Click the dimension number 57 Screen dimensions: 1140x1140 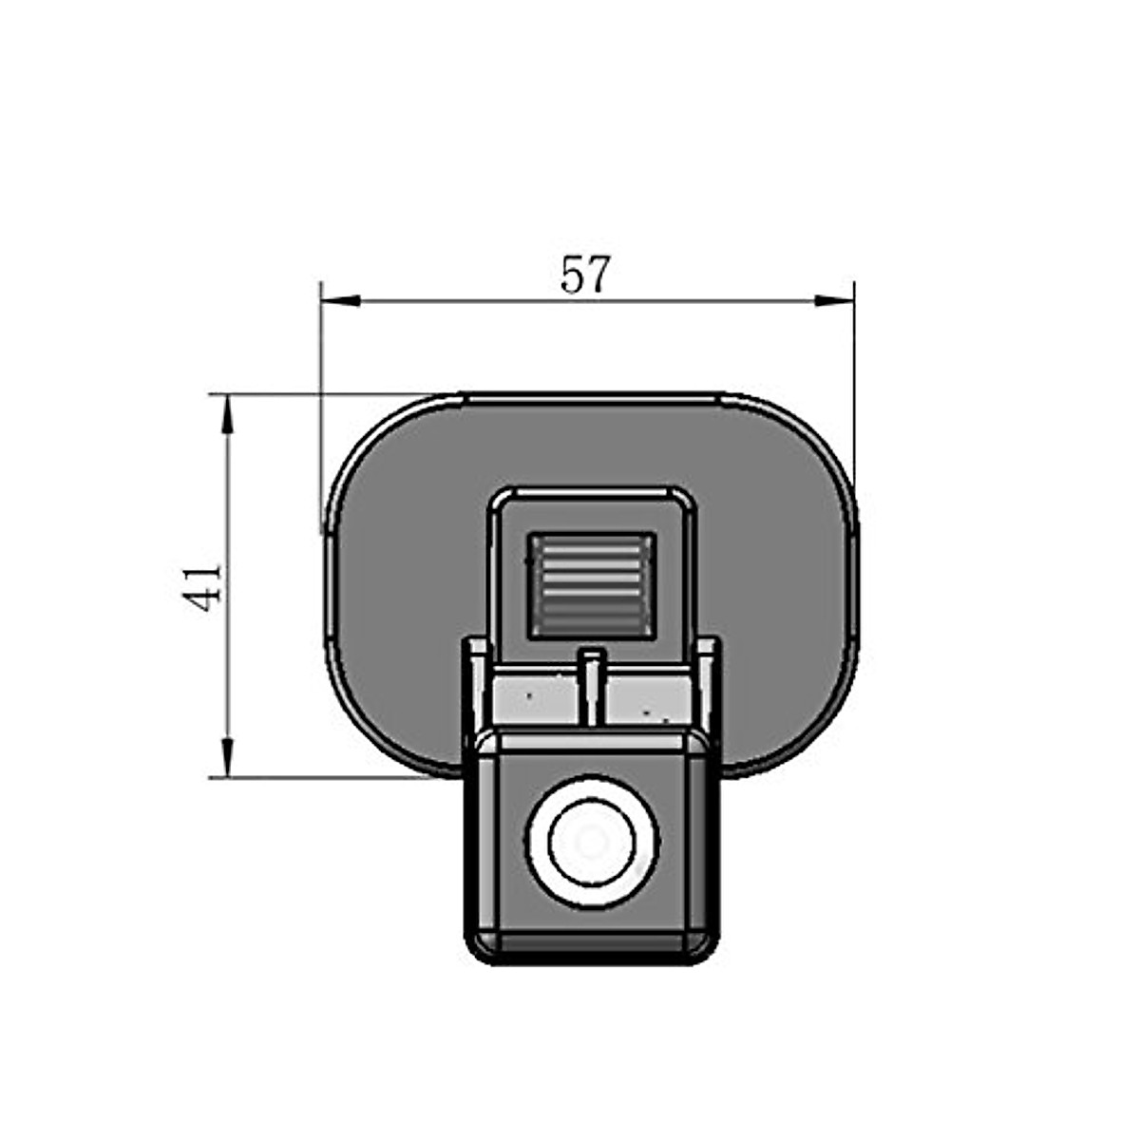pyautogui.click(x=583, y=275)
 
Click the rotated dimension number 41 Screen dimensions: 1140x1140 pyautogui.click(x=202, y=586)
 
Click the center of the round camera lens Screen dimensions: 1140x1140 pyautogui.click(x=593, y=840)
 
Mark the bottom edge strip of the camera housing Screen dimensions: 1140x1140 pyautogui.click(x=591, y=944)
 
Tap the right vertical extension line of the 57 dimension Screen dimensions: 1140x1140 pyautogui.click(x=853, y=380)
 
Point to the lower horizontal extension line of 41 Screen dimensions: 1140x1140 pyautogui.click(x=313, y=777)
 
